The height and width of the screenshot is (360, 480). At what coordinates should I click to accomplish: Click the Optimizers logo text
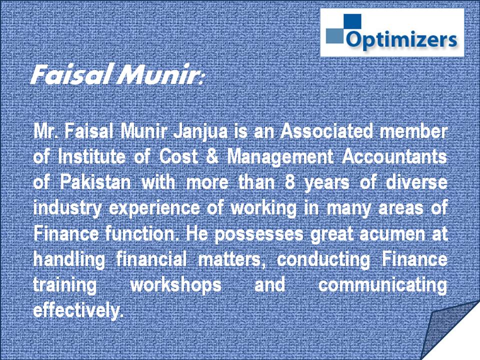tap(401, 40)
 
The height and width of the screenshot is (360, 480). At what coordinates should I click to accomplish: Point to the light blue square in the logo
tap(335, 36)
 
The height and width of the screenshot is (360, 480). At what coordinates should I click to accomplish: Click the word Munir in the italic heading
tap(156, 74)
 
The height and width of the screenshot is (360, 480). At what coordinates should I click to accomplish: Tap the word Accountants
tap(394, 157)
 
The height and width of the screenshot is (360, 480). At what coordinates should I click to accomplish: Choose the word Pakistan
tap(95, 182)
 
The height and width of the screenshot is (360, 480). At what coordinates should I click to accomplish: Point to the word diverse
tap(416, 182)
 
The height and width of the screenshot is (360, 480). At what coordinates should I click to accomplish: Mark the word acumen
tap(392, 234)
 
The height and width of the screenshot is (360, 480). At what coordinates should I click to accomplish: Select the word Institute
tap(91, 157)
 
